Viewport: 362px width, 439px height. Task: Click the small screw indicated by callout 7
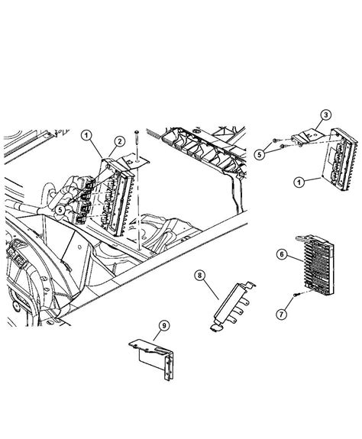point(295,296)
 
